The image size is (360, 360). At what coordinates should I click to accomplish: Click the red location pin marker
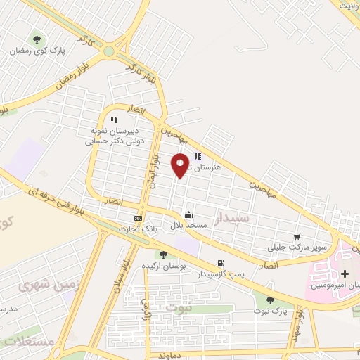(181, 165)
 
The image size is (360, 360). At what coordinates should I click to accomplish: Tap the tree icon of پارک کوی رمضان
(37, 39)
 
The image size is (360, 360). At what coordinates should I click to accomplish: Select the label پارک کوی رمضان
(37, 52)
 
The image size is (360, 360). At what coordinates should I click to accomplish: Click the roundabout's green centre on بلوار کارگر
(108, 51)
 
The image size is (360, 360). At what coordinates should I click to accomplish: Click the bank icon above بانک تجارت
(138, 218)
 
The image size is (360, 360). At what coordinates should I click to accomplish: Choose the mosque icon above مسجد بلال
(188, 215)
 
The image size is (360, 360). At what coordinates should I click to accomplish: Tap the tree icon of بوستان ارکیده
(163, 255)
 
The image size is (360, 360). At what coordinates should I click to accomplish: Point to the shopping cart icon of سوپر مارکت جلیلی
(297, 237)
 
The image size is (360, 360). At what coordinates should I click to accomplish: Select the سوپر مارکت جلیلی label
(289, 247)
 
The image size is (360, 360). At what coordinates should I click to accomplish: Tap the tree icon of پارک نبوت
(270, 301)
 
